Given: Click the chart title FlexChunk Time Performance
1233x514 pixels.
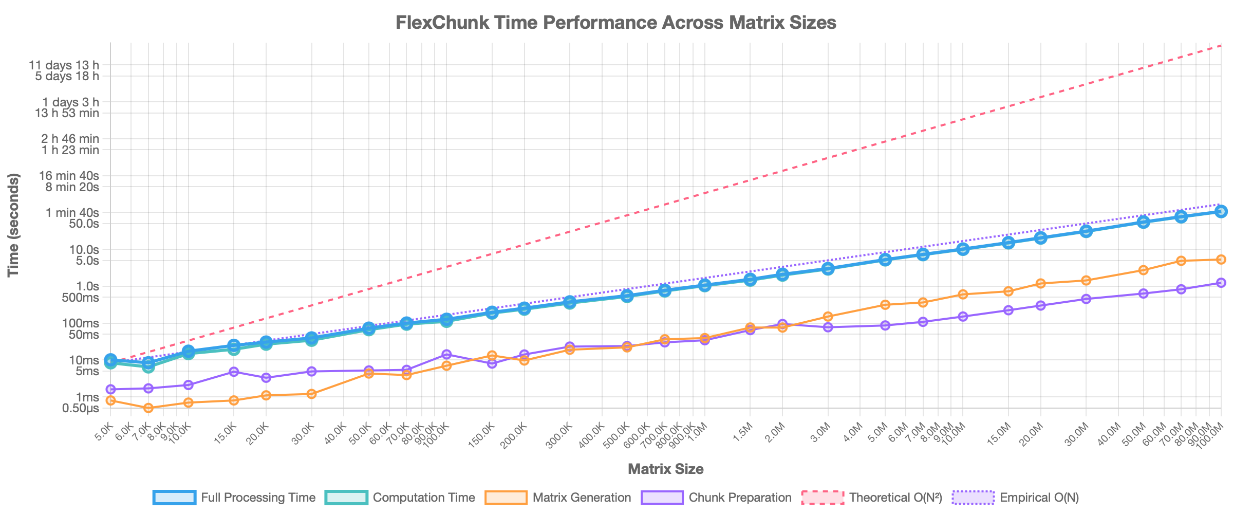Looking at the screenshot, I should pyautogui.click(x=616, y=23).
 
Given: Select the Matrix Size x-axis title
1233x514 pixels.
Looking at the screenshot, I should pyautogui.click(x=665, y=469).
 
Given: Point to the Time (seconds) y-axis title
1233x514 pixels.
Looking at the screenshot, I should pyautogui.click(x=14, y=225).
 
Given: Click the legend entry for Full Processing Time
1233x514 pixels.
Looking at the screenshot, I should pyautogui.click(x=234, y=498).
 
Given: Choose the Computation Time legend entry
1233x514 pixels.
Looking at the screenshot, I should pyautogui.click(x=400, y=498).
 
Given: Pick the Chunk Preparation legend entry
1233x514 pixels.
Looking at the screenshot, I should pyautogui.click(x=716, y=498).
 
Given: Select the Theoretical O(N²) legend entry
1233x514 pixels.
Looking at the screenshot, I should pyautogui.click(x=872, y=498).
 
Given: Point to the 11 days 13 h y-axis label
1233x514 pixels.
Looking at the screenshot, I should pyautogui.click(x=64, y=65).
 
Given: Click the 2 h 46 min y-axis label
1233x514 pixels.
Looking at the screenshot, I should pyautogui.click(x=70, y=139).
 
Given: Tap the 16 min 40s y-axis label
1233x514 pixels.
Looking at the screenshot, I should pyautogui.click(x=69, y=176).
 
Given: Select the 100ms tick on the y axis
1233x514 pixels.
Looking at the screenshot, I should pyautogui.click(x=81, y=323).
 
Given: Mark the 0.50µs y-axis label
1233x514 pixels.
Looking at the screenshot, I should pyautogui.click(x=81, y=409).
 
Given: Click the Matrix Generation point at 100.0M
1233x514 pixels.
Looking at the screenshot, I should pyautogui.click(x=1221, y=260).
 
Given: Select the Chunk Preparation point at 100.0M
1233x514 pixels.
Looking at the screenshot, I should pyautogui.click(x=1221, y=283).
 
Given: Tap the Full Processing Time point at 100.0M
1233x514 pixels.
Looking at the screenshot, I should pyautogui.click(x=1221, y=211).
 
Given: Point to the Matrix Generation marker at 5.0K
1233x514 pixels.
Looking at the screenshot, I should pyautogui.click(x=110, y=400).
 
